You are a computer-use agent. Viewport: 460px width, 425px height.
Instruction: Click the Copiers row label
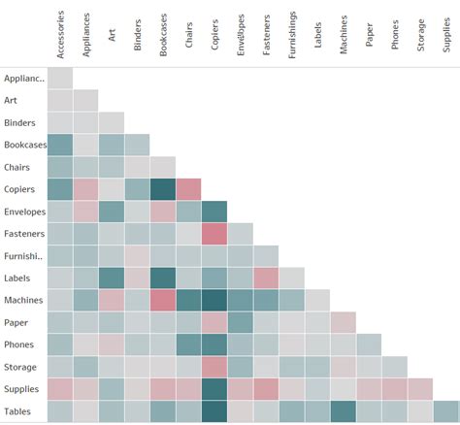point(20,189)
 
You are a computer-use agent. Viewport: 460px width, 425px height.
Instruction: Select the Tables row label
point(18,412)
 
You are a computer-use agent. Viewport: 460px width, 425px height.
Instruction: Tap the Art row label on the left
point(11,100)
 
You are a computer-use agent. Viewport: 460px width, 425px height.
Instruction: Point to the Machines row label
point(23,301)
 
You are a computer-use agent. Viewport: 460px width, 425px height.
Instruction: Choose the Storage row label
point(20,368)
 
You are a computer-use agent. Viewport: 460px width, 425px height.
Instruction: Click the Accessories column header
point(60,35)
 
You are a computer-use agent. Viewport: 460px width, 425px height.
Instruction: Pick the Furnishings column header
point(292,35)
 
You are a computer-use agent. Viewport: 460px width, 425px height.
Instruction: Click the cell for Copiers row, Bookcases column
point(162,189)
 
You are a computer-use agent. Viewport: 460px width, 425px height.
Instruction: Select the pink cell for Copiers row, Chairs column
point(188,189)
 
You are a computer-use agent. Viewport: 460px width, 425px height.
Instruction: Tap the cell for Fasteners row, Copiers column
point(214,234)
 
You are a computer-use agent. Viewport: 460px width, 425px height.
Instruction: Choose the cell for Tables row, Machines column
point(343,411)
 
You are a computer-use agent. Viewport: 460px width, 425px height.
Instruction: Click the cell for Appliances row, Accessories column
point(59,78)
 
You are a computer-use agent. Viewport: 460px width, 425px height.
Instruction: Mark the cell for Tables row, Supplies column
point(445,411)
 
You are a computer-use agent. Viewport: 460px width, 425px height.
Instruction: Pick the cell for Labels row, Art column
point(111,278)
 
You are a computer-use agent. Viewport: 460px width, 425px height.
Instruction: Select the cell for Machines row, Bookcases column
point(162,301)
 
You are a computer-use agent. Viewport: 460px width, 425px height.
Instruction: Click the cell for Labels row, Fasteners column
point(266,278)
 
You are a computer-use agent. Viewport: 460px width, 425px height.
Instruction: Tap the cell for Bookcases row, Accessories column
point(59,145)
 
